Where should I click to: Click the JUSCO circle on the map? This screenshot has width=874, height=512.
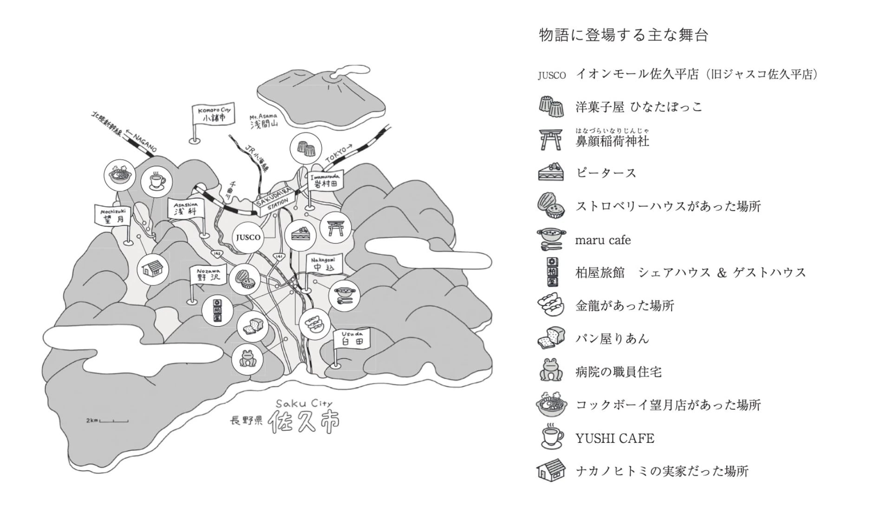248,237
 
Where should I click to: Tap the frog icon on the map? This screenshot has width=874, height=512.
247,359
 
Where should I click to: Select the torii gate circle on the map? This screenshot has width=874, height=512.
335,228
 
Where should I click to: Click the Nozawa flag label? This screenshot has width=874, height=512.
208,275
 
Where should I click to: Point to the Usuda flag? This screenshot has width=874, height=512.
352,339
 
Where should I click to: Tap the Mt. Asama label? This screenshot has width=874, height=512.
263,121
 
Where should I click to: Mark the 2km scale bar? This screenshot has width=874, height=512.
114,421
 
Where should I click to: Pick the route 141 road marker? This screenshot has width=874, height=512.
279,256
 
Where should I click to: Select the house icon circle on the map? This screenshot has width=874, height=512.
153,269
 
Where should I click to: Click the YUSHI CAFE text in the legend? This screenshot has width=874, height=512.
614,438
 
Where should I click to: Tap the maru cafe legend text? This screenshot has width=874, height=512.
603,240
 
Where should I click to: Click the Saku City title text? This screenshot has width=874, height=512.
304,403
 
